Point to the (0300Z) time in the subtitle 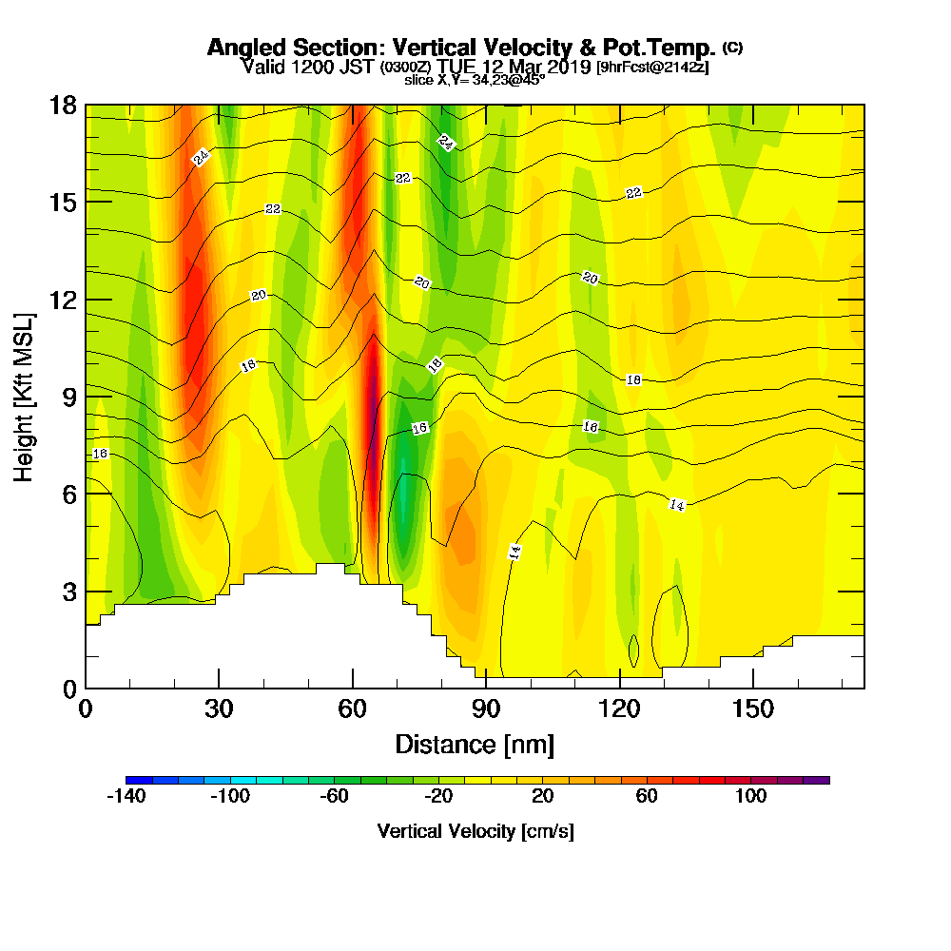pyautogui.click(x=407, y=68)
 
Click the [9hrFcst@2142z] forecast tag pyautogui.click(x=652, y=68)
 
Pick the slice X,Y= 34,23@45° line pyautogui.click(x=475, y=80)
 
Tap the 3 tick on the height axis pyautogui.click(x=68, y=592)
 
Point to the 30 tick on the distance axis pyautogui.click(x=219, y=709)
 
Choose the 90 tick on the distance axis pyautogui.click(x=486, y=709)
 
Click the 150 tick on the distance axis pyautogui.click(x=752, y=709)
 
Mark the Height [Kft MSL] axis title pyautogui.click(x=24, y=396)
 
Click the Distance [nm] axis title pyautogui.click(x=475, y=744)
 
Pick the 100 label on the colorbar pyautogui.click(x=751, y=797)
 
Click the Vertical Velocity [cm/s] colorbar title pyautogui.click(x=475, y=831)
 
